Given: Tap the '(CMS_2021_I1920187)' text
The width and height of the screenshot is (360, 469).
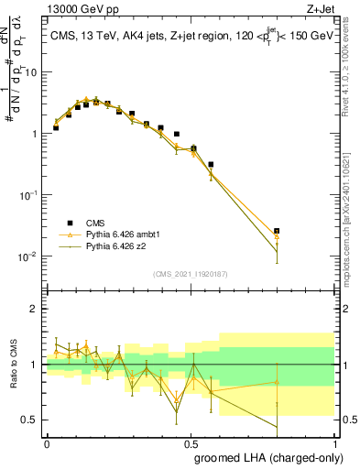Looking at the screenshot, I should [190, 273].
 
